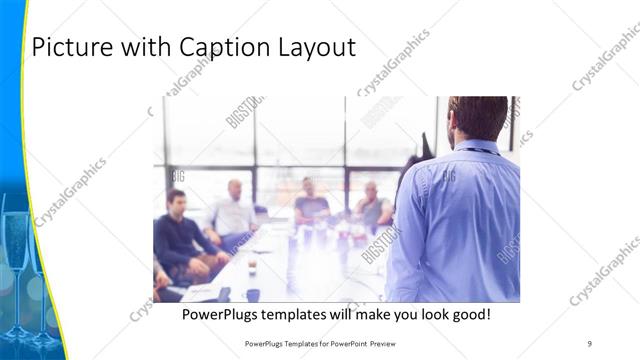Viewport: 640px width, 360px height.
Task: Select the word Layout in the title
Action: click(x=316, y=47)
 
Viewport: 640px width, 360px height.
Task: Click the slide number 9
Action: click(x=590, y=343)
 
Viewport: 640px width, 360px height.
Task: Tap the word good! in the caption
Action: click(x=469, y=314)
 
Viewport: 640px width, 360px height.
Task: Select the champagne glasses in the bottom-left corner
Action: click(x=25, y=280)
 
